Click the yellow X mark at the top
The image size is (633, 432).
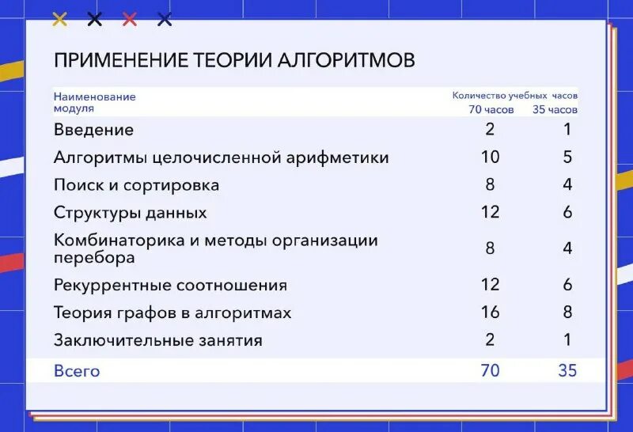(59, 19)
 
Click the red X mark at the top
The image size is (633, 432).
(130, 19)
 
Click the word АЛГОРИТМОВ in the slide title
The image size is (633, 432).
(346, 61)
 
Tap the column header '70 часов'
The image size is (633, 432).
(491, 110)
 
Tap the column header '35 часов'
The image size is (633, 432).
(555, 110)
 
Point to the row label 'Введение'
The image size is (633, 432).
(93, 130)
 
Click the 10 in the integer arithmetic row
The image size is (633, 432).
(490, 157)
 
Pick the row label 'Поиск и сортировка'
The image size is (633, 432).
(136, 185)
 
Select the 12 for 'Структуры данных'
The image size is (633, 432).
(490, 212)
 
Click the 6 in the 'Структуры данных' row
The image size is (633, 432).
(567, 212)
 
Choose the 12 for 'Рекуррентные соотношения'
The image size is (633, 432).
(490, 284)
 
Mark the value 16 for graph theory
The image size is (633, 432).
(490, 312)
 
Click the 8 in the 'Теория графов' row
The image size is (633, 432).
(567, 312)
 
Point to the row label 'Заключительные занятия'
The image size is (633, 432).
(157, 340)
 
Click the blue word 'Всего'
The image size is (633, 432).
(77, 370)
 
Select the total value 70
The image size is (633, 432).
(490, 370)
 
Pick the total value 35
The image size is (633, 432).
(567, 370)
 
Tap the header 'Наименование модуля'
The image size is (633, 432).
(94, 102)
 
